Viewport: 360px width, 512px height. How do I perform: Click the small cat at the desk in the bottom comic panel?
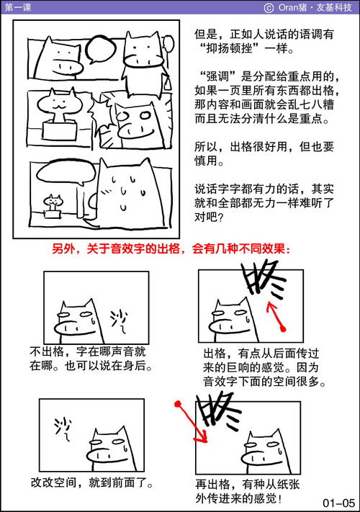pyautogui.click(x=53, y=204)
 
